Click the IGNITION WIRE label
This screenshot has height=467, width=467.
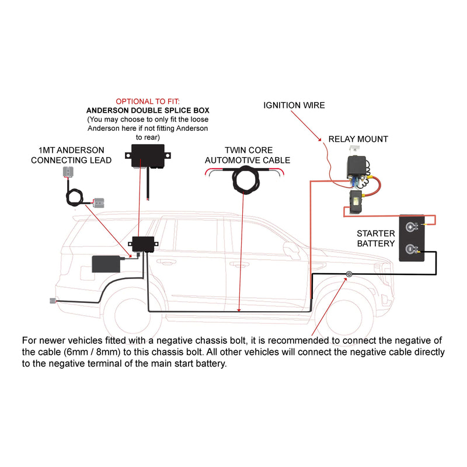tap(294, 105)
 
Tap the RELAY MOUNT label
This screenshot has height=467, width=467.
tap(358, 139)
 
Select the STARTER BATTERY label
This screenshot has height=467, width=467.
tap(375, 238)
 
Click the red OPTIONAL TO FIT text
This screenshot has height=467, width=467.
tap(148, 102)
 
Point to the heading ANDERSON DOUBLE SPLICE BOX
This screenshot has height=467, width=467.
tap(148, 110)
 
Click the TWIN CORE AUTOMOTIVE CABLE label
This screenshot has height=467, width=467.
tap(248, 155)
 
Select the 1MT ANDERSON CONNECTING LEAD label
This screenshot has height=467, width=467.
tap(71, 155)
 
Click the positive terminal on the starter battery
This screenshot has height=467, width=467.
tap(412, 227)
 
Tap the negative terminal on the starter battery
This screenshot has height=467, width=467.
tap(412, 249)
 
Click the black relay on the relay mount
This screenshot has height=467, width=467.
tap(357, 167)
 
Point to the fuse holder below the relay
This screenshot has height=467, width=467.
tap(356, 201)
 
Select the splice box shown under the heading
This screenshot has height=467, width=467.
tap(148, 156)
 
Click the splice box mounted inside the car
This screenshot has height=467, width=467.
tap(143, 244)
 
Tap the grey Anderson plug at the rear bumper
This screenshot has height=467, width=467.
tap(53, 301)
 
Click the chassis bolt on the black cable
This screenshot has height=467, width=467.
tap(349, 274)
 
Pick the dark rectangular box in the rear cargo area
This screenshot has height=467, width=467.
tap(106, 264)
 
